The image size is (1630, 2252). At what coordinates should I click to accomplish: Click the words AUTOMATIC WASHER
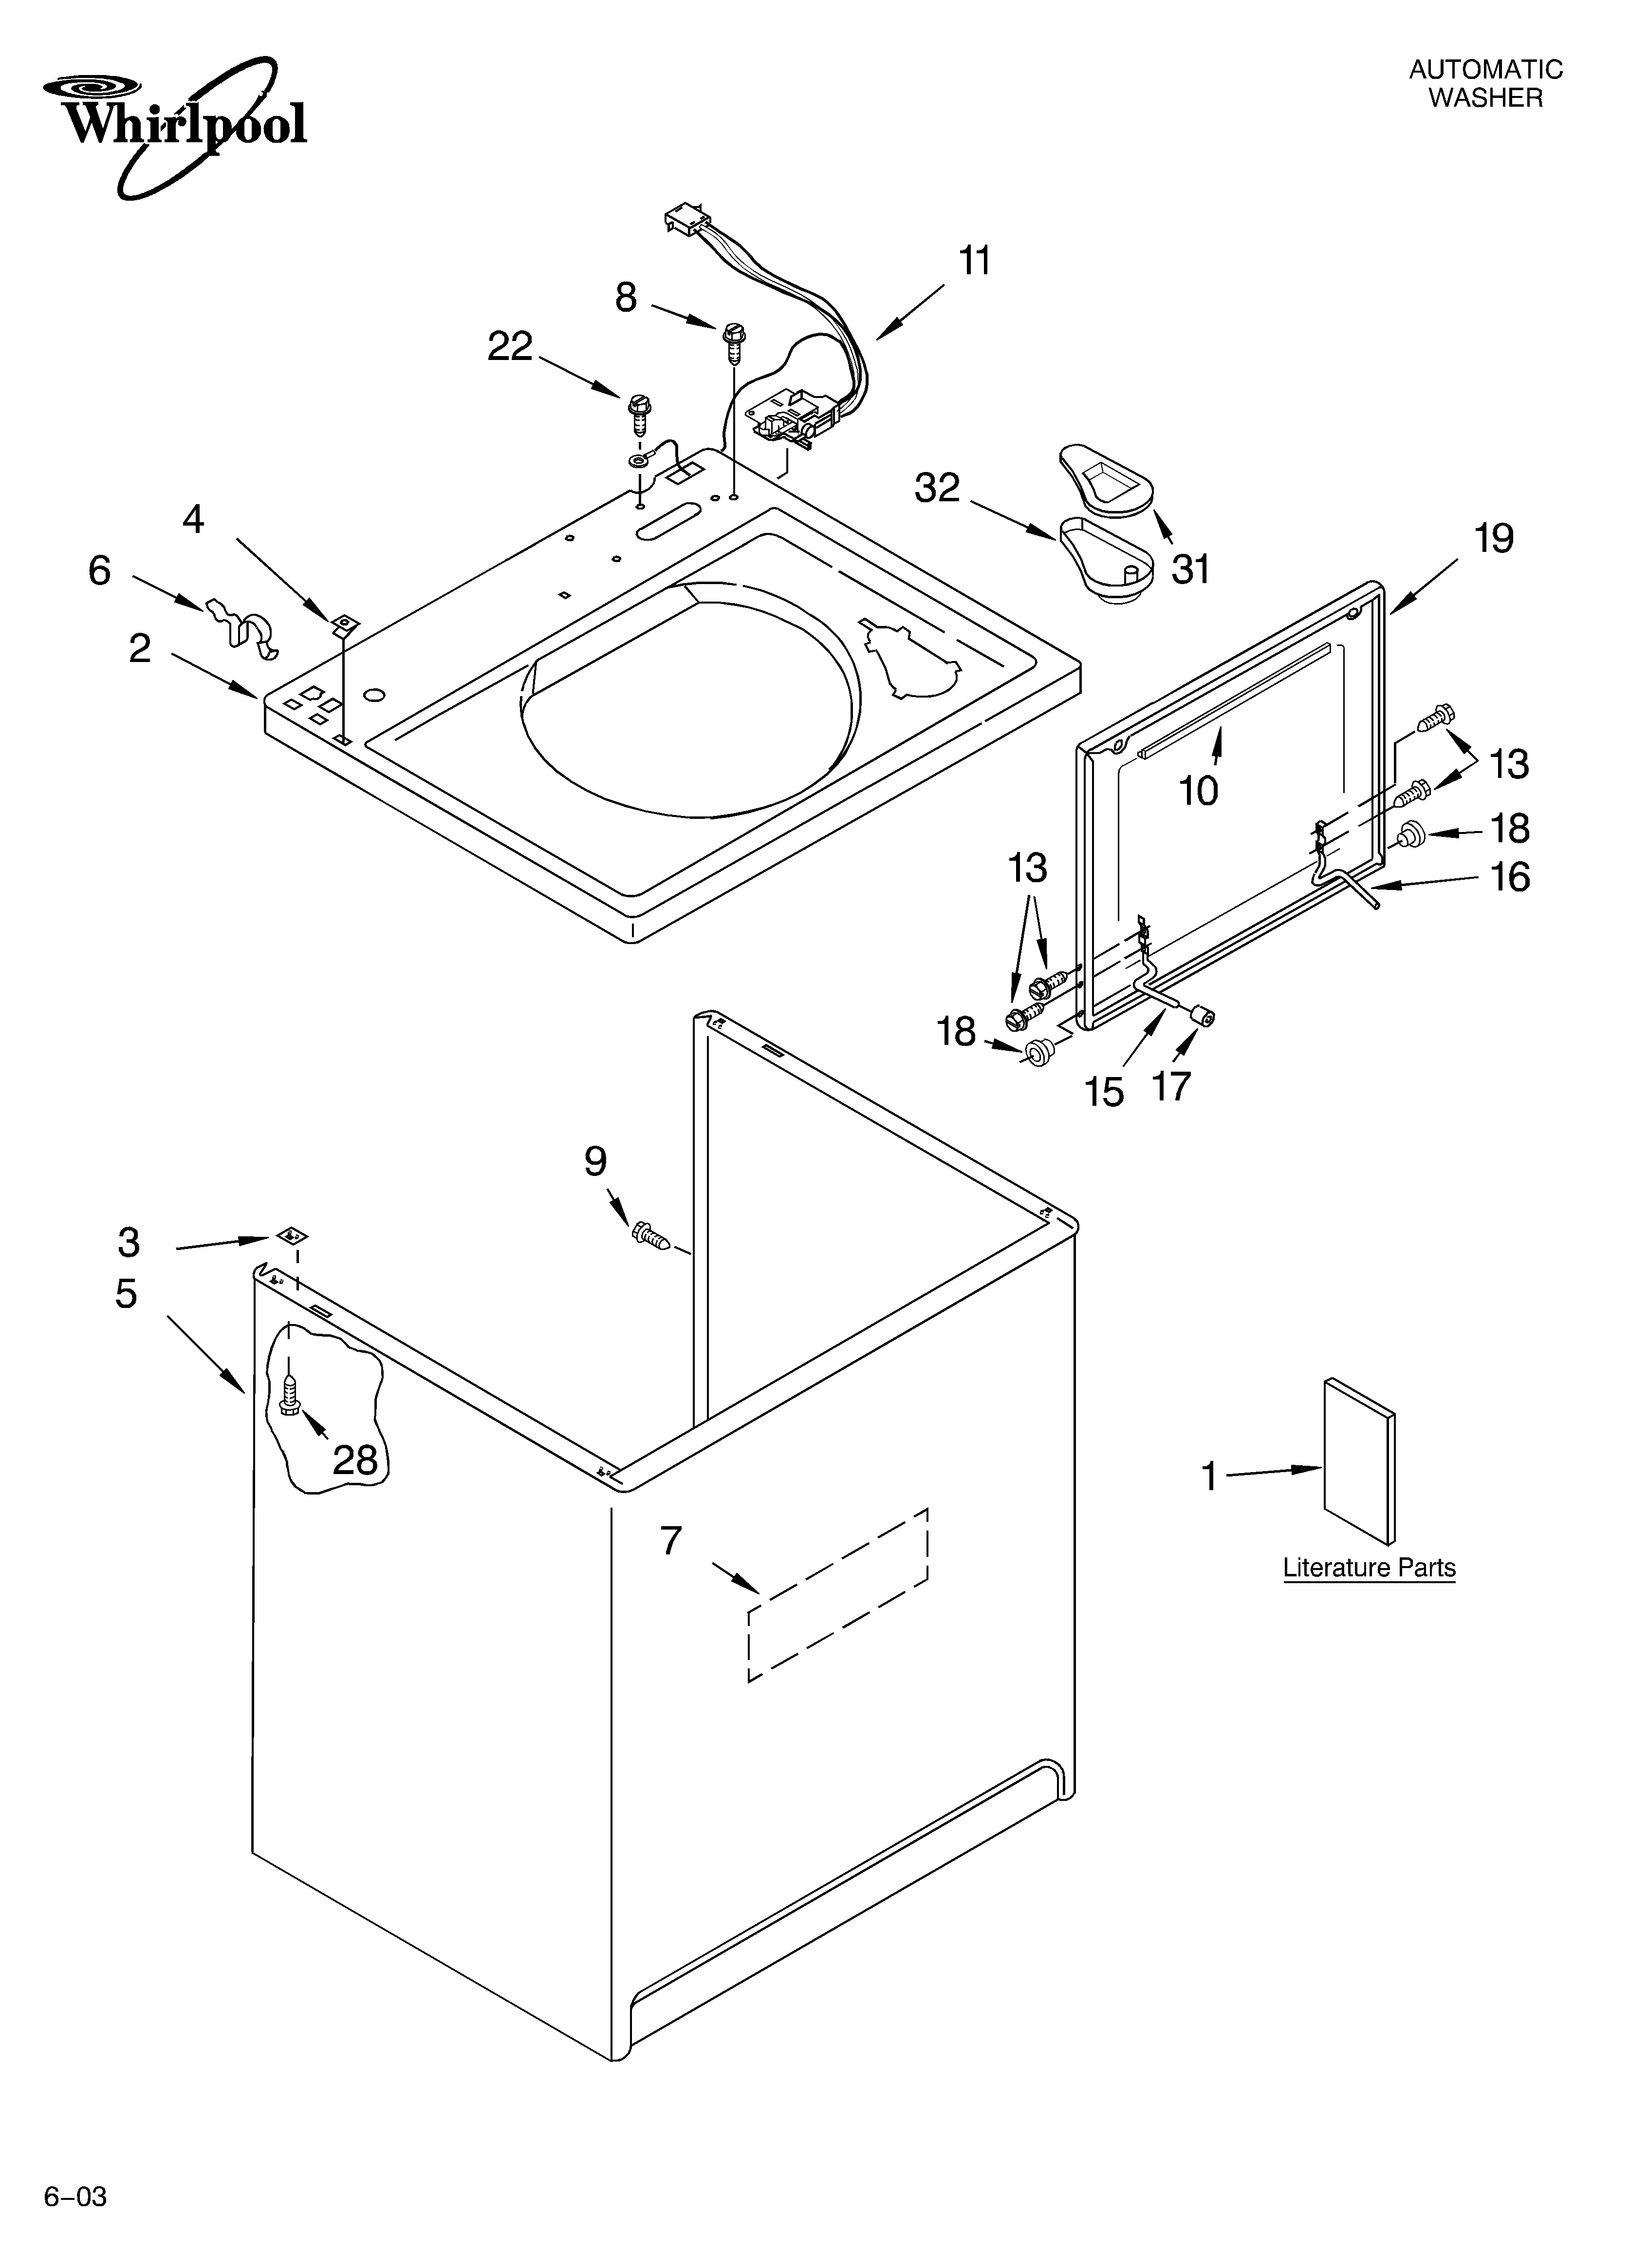pos(1485,83)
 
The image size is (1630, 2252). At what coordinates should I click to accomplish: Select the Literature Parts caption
pos(1369,1568)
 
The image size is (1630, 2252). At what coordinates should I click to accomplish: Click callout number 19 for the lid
pos(1493,539)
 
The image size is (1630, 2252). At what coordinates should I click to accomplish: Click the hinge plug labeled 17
pos(1204,1015)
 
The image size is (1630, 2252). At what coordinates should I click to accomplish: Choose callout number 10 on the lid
pos(1198,792)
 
